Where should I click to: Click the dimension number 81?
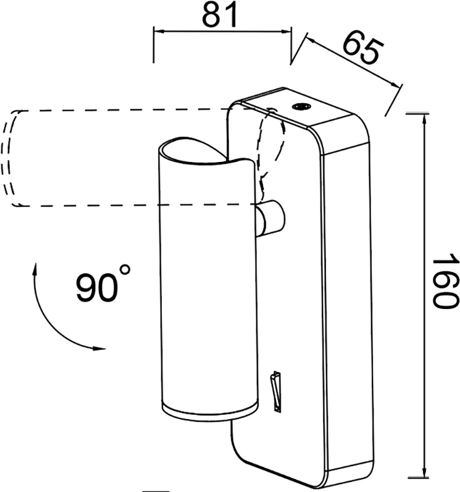[x=220, y=15]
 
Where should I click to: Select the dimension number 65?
[x=363, y=48]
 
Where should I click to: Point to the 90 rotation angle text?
[x=98, y=287]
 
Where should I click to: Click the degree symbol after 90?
[x=125, y=270]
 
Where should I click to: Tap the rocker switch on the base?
[x=277, y=391]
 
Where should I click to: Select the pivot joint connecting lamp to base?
[x=270, y=218]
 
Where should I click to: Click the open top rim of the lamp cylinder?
[x=204, y=151]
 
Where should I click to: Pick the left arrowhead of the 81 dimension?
[x=159, y=32]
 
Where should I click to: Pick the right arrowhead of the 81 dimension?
[x=286, y=32]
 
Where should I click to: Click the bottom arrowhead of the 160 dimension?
[x=424, y=471]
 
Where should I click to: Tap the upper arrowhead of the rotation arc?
[x=35, y=269]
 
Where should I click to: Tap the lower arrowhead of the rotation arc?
[x=99, y=348]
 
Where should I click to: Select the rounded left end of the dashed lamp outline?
[x=10, y=158]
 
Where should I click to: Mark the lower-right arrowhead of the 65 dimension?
[x=396, y=84]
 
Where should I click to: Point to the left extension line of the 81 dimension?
[x=154, y=45]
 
